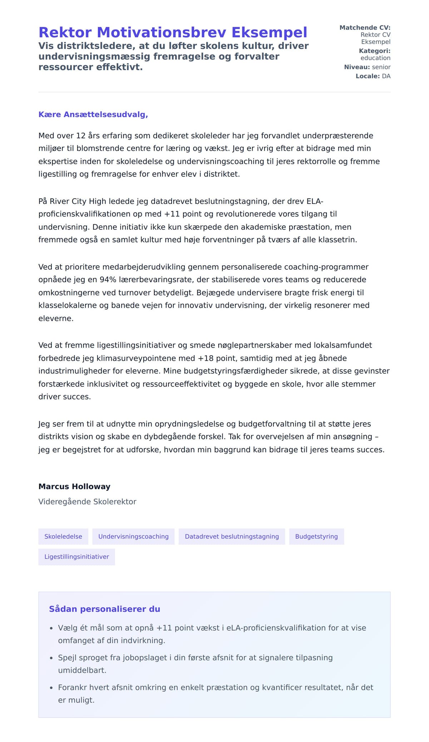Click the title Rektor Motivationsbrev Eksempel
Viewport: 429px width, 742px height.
pyautogui.click(x=173, y=33)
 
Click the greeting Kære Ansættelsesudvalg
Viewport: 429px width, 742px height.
pyautogui.click(x=93, y=115)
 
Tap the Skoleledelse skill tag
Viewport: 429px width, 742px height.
pyautogui.click(x=63, y=536)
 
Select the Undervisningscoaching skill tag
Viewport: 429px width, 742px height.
pyautogui.click(x=133, y=536)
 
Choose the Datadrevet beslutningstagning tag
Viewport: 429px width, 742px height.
pyautogui.click(x=232, y=536)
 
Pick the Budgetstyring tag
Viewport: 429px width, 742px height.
pyautogui.click(x=316, y=536)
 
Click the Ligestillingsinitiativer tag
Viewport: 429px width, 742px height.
pyautogui.click(x=77, y=557)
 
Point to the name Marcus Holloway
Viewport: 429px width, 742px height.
pyautogui.click(x=74, y=487)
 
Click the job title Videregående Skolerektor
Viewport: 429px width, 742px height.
pyautogui.click(x=87, y=502)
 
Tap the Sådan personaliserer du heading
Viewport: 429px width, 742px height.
pyautogui.click(x=104, y=609)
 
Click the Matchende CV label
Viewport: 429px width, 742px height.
pyautogui.click(x=365, y=28)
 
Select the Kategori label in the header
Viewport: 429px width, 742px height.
pyautogui.click(x=374, y=51)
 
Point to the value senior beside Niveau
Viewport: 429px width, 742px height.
pyautogui.click(x=381, y=67)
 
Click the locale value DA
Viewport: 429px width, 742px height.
pyautogui.click(x=386, y=76)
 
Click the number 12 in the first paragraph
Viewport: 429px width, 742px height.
pyautogui.click(x=81, y=136)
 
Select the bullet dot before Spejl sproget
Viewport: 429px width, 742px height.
pyautogui.click(x=51, y=658)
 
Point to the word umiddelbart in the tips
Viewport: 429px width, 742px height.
pyautogui.click(x=82, y=670)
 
